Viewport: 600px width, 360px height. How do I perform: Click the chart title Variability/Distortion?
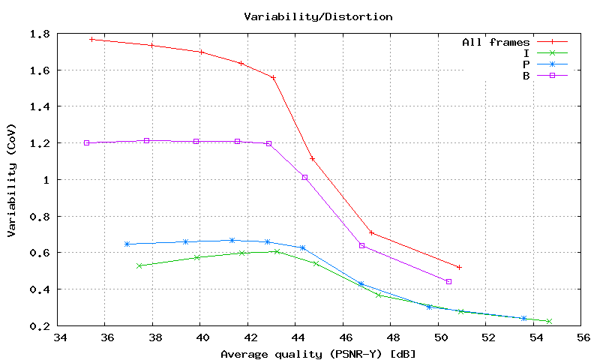click(x=318, y=16)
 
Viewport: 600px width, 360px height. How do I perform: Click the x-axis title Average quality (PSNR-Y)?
click(x=318, y=353)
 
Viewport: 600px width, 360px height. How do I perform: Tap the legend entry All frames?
click(x=496, y=43)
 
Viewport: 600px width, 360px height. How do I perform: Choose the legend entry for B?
click(x=526, y=75)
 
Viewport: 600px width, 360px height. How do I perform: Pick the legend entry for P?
click(x=526, y=64)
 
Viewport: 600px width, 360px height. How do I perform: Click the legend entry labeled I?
click(x=526, y=53)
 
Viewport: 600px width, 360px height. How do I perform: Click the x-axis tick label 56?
click(x=582, y=339)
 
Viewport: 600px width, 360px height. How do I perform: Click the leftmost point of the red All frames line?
click(x=91, y=39)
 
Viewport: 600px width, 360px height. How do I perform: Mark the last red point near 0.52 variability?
click(x=459, y=267)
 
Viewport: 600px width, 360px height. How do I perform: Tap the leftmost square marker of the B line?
click(x=87, y=142)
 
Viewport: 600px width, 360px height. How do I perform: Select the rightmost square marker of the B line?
click(x=448, y=281)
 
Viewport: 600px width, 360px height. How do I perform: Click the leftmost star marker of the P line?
click(x=127, y=244)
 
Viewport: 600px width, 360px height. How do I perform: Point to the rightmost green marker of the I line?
click(x=549, y=321)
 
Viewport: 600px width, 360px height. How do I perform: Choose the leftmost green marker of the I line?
click(x=139, y=265)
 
